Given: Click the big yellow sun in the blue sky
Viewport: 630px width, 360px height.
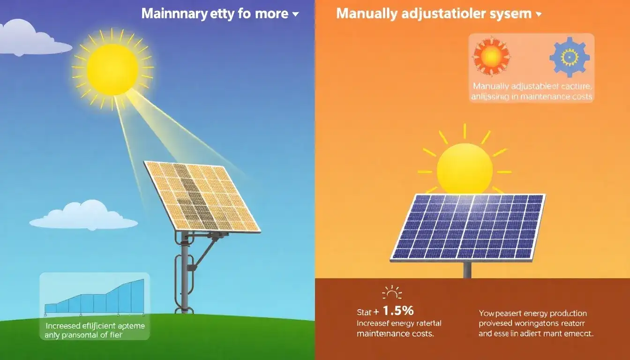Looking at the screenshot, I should point(112,69).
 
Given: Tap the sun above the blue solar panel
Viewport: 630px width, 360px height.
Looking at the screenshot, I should point(465,168).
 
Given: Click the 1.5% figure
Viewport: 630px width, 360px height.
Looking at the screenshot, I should point(398,310).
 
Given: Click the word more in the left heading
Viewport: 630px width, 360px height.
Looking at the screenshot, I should point(272,14).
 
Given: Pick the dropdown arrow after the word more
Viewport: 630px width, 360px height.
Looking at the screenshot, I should point(295,15).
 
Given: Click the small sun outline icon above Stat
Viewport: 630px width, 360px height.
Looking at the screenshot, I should point(392,293).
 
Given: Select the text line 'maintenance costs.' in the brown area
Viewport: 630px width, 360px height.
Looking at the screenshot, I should point(395,334).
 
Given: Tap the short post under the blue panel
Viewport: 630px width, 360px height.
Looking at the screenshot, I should point(467,270).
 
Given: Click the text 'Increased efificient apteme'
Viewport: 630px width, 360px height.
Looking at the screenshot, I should point(95,325).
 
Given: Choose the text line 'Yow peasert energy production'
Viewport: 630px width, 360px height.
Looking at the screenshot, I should point(533,313).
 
